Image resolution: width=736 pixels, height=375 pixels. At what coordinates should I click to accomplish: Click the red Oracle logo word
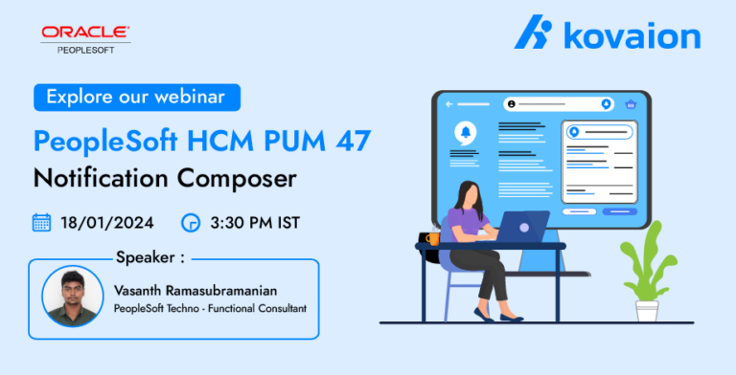[85, 33]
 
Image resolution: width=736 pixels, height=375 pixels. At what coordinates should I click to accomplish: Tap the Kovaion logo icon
[533, 32]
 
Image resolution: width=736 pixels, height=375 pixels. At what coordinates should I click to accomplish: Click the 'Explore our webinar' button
[137, 98]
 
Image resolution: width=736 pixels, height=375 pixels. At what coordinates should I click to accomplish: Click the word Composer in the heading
[237, 180]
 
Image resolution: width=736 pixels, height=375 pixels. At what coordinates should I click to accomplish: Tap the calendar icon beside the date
[42, 223]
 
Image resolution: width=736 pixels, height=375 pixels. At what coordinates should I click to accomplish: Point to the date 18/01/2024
[107, 223]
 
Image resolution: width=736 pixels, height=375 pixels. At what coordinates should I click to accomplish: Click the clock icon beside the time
[191, 223]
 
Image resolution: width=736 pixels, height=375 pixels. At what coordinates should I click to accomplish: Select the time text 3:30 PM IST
[255, 223]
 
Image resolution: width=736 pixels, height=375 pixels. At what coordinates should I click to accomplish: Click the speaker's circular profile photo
[73, 297]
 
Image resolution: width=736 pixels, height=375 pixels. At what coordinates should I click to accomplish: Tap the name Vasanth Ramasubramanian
[195, 291]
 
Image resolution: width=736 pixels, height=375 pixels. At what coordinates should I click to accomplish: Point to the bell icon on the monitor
[466, 132]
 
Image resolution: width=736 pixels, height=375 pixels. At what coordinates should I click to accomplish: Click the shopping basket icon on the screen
[631, 104]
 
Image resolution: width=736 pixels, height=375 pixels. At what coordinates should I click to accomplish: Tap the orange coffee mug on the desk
[433, 238]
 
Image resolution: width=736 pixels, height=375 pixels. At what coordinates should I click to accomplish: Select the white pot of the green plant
[647, 310]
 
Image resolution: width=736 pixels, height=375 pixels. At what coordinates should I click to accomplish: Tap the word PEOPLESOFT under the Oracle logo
[86, 50]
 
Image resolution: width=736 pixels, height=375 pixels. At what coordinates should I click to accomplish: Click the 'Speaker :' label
[150, 258]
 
